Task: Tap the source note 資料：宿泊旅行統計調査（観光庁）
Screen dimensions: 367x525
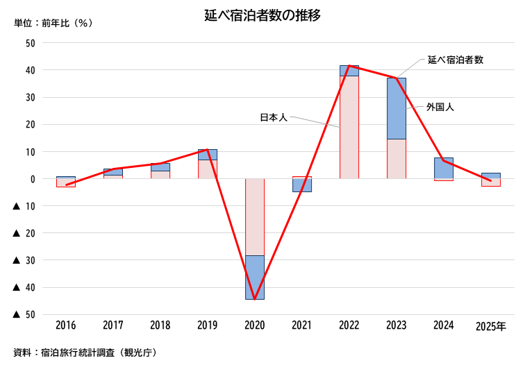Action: pos(85,352)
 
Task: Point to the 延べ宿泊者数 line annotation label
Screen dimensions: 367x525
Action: pos(456,60)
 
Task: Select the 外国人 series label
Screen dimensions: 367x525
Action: pos(440,108)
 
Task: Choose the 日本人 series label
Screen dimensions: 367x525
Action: pos(274,118)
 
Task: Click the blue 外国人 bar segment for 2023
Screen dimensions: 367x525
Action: pos(397,108)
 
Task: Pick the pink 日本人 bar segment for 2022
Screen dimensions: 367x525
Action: pos(349,127)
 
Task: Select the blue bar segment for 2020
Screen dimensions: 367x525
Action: pos(255,278)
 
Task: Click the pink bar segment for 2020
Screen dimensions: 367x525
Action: pos(255,216)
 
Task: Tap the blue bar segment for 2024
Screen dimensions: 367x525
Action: pos(444,168)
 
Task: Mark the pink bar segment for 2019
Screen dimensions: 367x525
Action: pos(208,169)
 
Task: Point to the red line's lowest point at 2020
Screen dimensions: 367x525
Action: pos(255,299)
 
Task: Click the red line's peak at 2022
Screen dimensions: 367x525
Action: pos(349,66)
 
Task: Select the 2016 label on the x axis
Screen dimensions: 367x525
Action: pos(65,325)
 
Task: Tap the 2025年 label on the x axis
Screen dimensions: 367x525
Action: pos(491,325)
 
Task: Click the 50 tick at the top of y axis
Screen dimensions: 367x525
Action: pos(30,43)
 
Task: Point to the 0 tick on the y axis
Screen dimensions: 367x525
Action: pos(33,178)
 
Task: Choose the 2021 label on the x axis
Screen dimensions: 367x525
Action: pos(301,325)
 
